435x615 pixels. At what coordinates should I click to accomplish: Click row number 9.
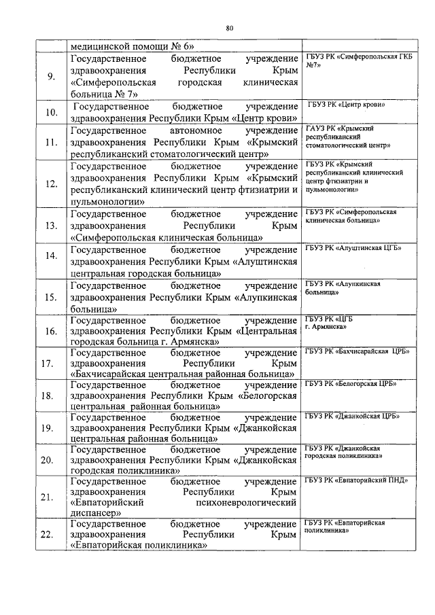click(x=51, y=75)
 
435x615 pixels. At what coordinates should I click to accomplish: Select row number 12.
click(x=51, y=183)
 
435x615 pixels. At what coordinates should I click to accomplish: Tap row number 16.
click(x=51, y=331)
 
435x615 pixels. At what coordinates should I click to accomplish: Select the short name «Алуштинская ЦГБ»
click(x=353, y=248)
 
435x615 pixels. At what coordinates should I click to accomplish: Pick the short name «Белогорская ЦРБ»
click(x=351, y=384)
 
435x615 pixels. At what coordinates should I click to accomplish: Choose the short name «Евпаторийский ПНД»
click(x=355, y=480)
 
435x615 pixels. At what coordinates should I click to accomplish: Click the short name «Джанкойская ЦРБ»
click(x=352, y=416)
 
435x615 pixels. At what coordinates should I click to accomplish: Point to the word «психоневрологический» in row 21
click(x=245, y=503)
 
